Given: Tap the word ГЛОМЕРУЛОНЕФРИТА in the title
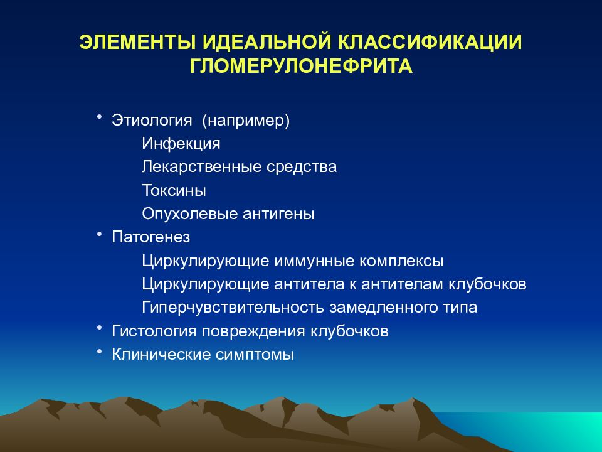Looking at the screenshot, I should (x=301, y=66).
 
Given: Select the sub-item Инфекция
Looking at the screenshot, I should (x=181, y=143).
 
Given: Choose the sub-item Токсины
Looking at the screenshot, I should (x=174, y=190).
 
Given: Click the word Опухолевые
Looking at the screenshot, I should (x=189, y=214).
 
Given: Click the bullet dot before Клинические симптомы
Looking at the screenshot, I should (x=99, y=351).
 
